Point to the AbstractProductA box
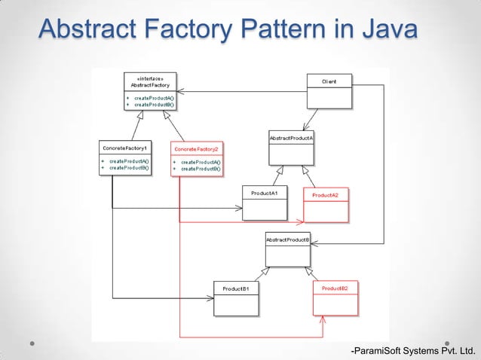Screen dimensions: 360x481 tap(291, 148)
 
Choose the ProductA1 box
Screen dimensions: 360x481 tap(265, 203)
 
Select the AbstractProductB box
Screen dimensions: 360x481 tap(287, 249)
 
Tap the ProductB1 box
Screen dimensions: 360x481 tap(236, 298)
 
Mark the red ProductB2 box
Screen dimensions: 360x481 tap(335, 298)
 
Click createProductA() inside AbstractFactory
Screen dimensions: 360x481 tap(154, 98)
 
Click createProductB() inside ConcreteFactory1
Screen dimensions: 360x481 tap(129, 168)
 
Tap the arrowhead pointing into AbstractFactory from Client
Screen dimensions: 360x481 tap(170, 92)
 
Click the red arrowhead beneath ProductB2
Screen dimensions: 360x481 tap(323, 319)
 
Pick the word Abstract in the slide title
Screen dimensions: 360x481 tap(82, 29)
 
